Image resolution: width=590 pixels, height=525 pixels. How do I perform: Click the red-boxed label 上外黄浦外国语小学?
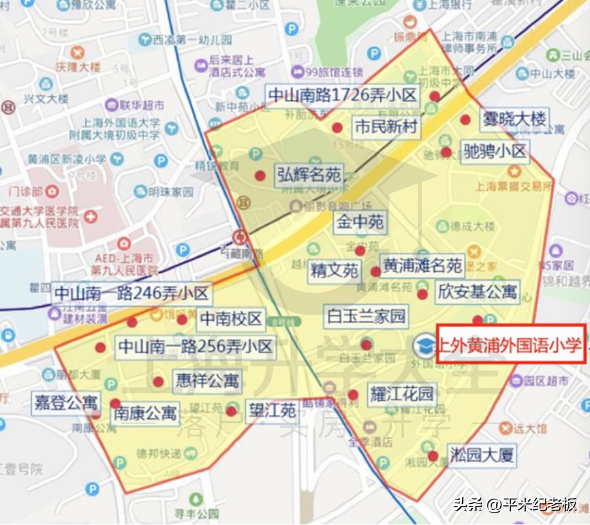pos(510,345)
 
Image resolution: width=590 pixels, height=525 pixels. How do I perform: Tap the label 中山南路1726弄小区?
pos(342,96)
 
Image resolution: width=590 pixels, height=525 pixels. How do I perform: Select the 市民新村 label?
pos(385,126)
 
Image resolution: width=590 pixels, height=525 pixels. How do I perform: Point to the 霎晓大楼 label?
pos(514,120)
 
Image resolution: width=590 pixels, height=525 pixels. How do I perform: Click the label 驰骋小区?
pos(495,152)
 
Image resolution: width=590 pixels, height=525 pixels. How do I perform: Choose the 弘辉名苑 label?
pos(309,175)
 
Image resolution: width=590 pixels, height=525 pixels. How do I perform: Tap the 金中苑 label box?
pos(360,222)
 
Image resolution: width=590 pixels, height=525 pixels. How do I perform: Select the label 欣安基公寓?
pos(477,291)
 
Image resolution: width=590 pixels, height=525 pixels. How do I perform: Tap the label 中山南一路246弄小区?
pos(131,293)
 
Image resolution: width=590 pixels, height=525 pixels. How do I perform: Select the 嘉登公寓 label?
pos(66,402)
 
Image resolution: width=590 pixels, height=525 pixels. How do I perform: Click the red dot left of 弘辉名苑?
pos(260,176)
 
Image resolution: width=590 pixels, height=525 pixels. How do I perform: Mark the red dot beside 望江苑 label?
pos(231,411)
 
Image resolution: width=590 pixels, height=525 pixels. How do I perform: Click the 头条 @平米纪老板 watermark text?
pos(515,504)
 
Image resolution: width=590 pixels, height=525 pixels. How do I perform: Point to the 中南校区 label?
pos(231,319)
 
